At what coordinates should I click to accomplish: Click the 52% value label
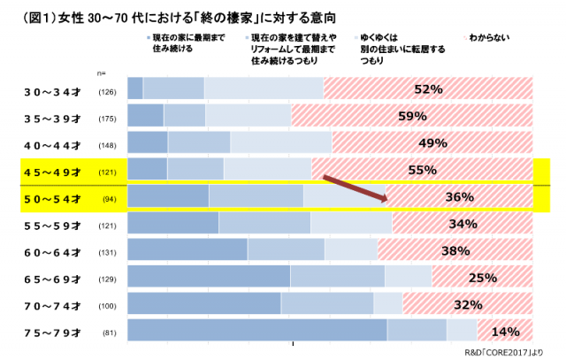427,89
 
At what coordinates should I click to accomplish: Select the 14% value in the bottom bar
504,332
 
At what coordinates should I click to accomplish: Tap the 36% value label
460,197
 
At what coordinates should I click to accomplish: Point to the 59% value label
412,116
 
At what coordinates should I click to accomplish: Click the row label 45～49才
55,172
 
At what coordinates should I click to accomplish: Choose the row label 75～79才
55,333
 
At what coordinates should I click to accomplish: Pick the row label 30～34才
55,91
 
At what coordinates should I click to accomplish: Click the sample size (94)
110,199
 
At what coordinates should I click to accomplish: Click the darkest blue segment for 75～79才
257,331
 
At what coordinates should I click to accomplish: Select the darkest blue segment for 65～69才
209,277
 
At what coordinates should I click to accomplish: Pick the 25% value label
482,278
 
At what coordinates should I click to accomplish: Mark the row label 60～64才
55,252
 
